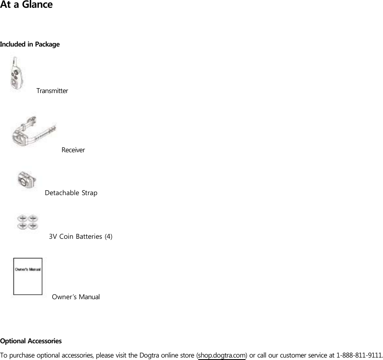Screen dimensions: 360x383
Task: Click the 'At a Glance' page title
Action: click(27, 5)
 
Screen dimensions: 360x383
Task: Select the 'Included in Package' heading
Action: click(30, 44)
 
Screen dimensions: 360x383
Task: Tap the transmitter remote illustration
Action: click(17, 74)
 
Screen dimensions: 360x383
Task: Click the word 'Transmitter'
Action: click(52, 91)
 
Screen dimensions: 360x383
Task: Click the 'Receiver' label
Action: click(73, 150)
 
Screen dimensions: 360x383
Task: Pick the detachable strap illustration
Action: click(27, 180)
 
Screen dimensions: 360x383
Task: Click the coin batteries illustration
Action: click(28, 222)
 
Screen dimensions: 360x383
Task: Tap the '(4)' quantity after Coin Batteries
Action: click(108, 236)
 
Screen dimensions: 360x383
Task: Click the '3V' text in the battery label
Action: click(53, 236)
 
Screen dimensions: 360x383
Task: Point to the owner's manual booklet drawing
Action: click(28, 276)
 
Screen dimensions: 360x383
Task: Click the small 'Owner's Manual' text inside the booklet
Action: click(28, 269)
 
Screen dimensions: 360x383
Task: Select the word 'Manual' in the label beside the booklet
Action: click(89, 297)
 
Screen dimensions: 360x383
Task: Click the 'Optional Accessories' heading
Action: click(31, 341)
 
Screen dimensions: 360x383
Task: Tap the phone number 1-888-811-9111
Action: click(359, 355)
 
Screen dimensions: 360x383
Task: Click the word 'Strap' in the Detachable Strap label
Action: click(89, 193)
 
